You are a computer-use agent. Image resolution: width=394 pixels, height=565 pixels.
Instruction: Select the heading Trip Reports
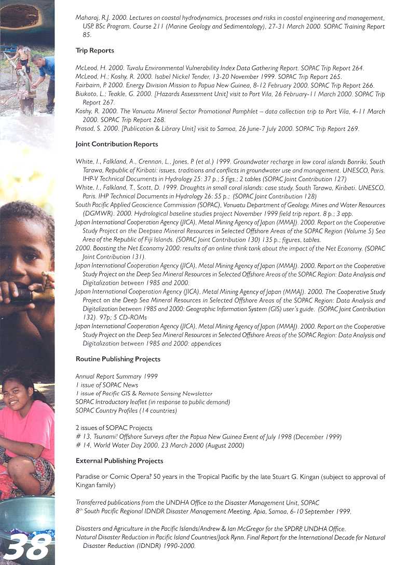(x=95, y=51)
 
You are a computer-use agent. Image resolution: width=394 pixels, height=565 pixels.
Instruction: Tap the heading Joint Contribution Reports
(x=117, y=144)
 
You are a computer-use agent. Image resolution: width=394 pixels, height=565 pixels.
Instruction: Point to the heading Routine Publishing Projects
(x=118, y=359)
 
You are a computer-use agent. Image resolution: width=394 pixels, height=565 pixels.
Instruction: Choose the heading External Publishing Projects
(x=119, y=461)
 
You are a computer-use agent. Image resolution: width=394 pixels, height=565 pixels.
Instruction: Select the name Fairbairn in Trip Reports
(x=89, y=85)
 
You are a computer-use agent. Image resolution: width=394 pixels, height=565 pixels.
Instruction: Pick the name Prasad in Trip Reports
(x=85, y=129)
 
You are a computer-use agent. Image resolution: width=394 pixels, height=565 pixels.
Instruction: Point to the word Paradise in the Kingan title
(x=89, y=477)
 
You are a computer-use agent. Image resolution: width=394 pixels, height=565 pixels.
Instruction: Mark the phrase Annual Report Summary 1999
(x=117, y=376)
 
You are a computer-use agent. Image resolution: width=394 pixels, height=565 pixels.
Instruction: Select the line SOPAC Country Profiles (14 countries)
(x=126, y=411)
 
